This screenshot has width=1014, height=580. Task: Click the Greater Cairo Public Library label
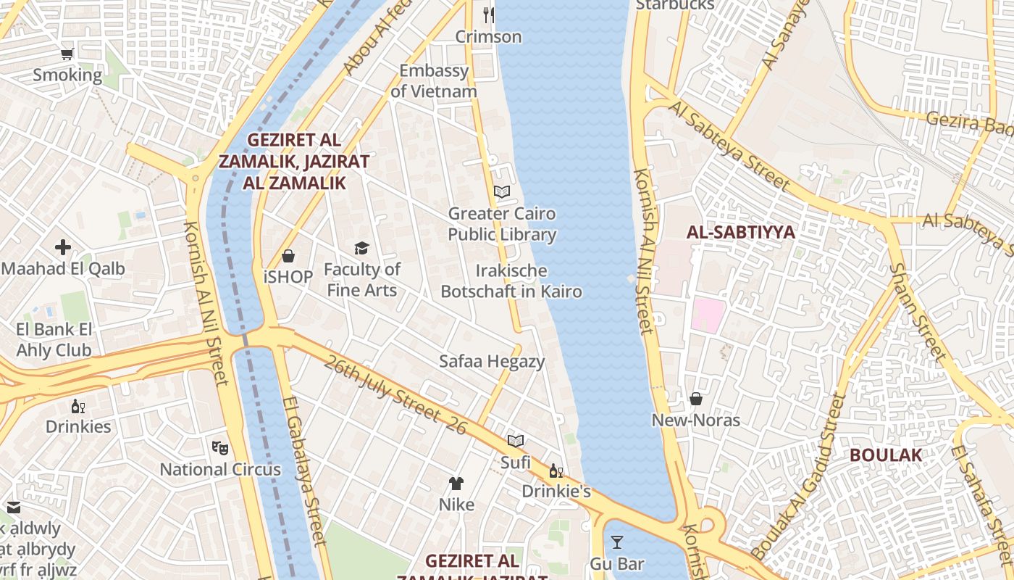pyautogui.click(x=502, y=224)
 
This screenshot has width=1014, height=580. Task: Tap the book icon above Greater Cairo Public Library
pyautogui.click(x=502, y=192)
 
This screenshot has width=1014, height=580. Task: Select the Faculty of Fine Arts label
pyautogui.click(x=361, y=280)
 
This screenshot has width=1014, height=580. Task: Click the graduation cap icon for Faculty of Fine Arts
pyautogui.click(x=361, y=249)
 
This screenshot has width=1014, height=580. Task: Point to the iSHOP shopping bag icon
pyautogui.click(x=288, y=256)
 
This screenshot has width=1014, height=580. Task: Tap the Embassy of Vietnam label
pyautogui.click(x=434, y=81)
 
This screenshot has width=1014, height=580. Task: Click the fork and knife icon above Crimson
pyautogui.click(x=489, y=14)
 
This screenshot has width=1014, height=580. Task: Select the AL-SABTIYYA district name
pyautogui.click(x=741, y=233)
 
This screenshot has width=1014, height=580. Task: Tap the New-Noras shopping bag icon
pyautogui.click(x=695, y=399)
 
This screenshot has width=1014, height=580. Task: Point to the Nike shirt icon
pyautogui.click(x=456, y=483)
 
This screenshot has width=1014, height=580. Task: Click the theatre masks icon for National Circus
pyautogui.click(x=219, y=447)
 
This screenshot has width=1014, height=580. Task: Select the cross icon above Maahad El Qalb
pyautogui.click(x=63, y=247)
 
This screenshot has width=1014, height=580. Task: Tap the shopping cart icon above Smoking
pyautogui.click(x=67, y=54)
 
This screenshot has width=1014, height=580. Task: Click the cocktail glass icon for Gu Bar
pyautogui.click(x=616, y=542)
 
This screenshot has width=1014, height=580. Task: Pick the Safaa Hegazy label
pyautogui.click(x=492, y=361)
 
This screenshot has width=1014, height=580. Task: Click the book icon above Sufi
pyautogui.click(x=516, y=441)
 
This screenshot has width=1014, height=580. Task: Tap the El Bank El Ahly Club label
pyautogui.click(x=54, y=340)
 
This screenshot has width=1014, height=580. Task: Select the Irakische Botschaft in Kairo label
pyautogui.click(x=511, y=281)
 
